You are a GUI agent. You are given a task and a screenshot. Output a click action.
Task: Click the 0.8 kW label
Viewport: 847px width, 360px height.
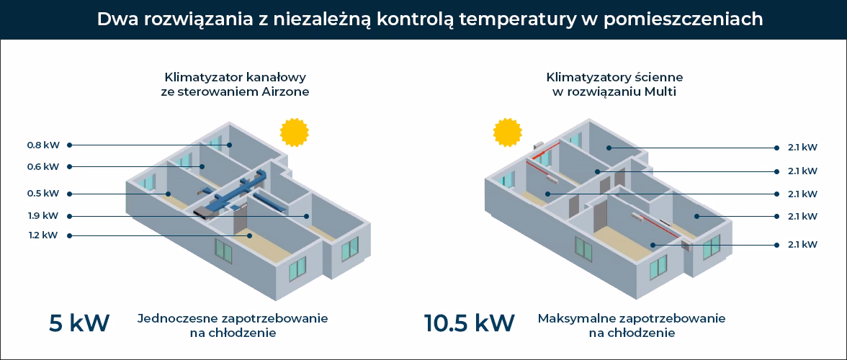click(x=42, y=145)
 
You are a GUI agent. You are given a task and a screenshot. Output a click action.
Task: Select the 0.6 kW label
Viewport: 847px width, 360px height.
click(x=42, y=167)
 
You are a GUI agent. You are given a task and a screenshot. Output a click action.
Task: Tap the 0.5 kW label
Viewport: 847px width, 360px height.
click(x=42, y=193)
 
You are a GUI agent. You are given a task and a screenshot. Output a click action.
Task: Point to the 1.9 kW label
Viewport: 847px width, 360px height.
click(x=42, y=215)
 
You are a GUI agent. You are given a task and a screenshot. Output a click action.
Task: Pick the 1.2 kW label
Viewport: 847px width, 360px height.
click(x=42, y=235)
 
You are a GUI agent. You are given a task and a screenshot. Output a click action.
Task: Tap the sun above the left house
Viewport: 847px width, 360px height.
click(x=294, y=132)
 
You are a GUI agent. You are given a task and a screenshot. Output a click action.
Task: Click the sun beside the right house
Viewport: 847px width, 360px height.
click(x=507, y=132)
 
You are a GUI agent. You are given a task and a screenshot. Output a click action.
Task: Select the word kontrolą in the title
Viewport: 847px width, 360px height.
click(x=422, y=19)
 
